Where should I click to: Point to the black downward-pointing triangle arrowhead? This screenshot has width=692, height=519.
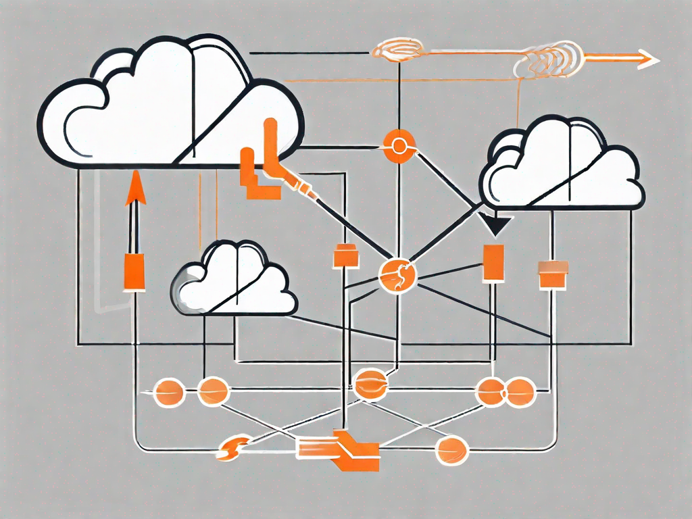tap(497, 225)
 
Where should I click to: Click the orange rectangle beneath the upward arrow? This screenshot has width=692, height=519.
tap(134, 272)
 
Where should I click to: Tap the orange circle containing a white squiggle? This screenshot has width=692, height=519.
tap(397, 276)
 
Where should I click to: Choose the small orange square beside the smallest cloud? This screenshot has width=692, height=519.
tap(345, 257)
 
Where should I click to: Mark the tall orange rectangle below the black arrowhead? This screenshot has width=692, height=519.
tap(493, 262)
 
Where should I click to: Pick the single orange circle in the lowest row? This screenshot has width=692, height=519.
tap(451, 448)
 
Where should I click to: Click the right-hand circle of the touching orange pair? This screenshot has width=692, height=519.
tap(521, 390)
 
